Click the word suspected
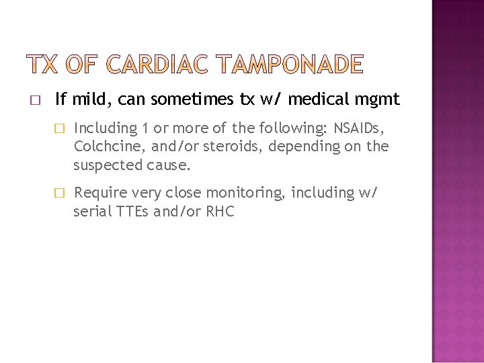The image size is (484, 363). (x=107, y=165)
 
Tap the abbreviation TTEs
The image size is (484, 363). (x=132, y=212)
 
